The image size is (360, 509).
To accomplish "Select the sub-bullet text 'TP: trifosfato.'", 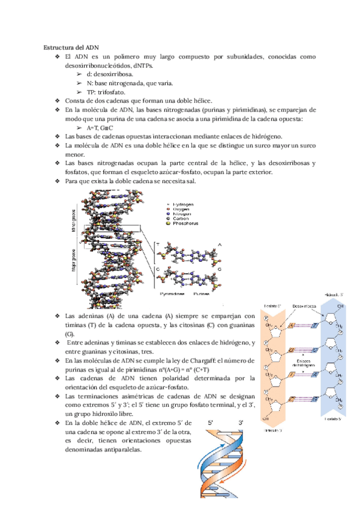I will tap(106, 92).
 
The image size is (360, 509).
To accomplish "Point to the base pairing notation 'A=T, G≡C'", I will tap(100, 128).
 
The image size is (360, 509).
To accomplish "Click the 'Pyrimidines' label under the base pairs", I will tap(172, 294).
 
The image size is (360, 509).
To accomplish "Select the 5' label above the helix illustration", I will tap(211, 423).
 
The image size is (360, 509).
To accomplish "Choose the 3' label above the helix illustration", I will tap(241, 423).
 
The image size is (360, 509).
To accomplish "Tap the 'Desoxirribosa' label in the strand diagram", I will tap(305, 306).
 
